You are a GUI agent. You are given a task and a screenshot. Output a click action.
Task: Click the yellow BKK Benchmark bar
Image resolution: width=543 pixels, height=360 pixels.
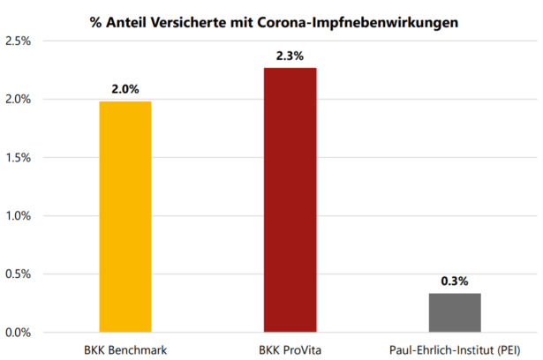125,216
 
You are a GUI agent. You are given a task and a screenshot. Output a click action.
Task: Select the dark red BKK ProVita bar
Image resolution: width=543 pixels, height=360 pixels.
290,199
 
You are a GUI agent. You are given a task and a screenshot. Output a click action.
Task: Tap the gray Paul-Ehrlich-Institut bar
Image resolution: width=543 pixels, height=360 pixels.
455,312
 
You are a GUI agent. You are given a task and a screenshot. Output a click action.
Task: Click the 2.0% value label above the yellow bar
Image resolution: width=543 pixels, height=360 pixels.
125,88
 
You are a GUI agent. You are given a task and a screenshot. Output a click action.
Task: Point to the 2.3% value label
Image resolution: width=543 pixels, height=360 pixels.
290,56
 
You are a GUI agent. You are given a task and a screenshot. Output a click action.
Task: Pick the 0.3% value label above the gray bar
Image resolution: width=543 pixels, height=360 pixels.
455,281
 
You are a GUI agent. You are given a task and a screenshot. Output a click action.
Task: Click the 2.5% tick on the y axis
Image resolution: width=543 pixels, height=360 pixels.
19,41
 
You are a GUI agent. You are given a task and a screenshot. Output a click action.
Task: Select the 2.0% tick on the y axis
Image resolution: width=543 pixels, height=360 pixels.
19,100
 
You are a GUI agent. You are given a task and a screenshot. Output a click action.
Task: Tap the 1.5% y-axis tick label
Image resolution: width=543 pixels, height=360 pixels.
19,158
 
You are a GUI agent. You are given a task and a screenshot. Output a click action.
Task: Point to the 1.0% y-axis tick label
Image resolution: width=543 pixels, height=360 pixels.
19,216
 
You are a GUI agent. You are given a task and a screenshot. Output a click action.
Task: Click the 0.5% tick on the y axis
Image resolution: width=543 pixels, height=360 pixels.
19,274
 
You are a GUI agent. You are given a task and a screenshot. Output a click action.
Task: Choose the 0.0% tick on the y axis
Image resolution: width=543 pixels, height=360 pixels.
19,333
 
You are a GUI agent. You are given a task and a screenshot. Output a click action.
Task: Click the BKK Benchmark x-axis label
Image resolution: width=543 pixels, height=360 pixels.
125,349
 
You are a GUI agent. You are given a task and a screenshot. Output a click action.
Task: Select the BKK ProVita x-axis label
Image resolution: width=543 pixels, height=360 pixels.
290,349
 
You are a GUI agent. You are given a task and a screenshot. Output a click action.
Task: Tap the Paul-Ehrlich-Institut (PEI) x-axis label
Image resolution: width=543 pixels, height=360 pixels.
455,349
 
